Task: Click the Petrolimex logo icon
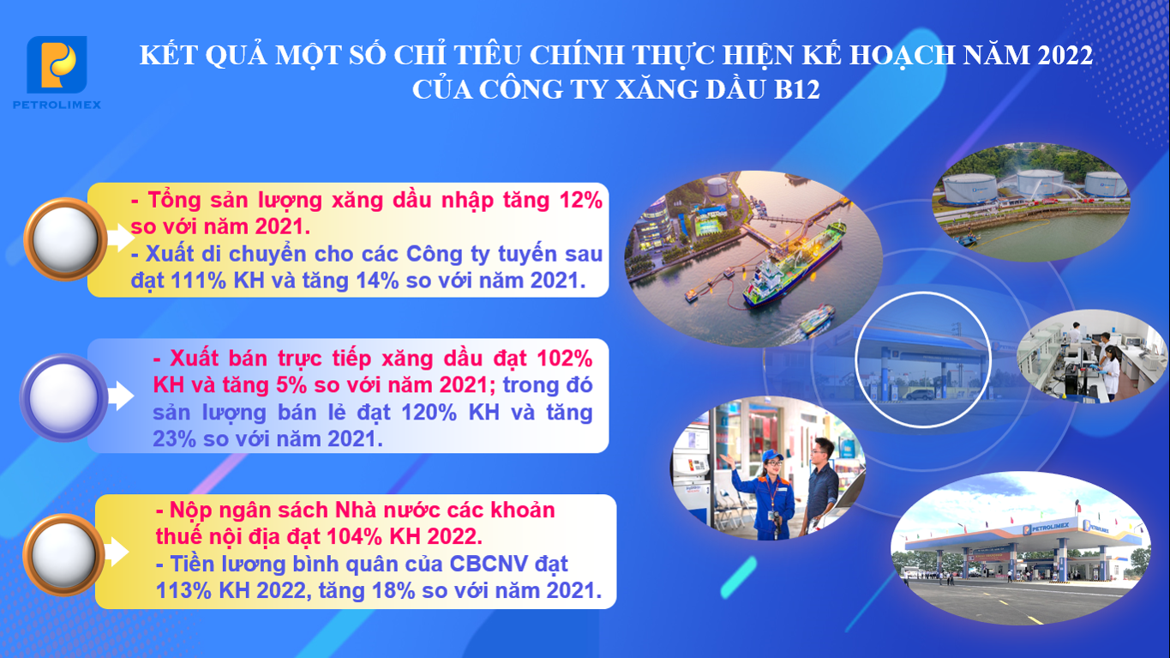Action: tap(57, 64)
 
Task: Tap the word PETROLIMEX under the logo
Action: tap(57, 105)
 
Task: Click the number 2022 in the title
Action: tap(1065, 56)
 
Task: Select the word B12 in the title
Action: tap(796, 89)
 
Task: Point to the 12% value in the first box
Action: tap(580, 200)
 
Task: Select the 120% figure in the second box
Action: tap(429, 413)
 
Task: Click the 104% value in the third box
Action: tap(355, 536)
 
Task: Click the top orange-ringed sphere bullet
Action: tap(65, 239)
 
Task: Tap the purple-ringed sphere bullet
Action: tap(63, 398)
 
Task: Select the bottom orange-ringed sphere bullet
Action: tap(63, 554)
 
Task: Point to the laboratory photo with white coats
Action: tap(1092, 356)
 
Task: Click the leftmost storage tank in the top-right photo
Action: tap(969, 189)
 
